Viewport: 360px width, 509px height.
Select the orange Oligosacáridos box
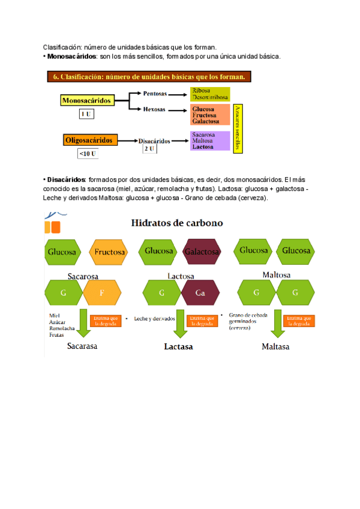click(88, 140)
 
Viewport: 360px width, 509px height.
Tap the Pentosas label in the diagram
click(155, 93)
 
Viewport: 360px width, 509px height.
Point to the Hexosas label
click(155, 110)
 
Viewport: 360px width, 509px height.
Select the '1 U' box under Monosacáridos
click(86, 113)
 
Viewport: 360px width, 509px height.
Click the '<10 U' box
click(88, 154)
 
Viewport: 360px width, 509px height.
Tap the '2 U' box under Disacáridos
click(149, 148)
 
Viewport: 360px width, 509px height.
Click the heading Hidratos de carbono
click(177, 223)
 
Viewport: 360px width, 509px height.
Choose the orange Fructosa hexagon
click(110, 252)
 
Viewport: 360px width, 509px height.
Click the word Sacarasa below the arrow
click(82, 346)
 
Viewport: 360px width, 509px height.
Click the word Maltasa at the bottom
click(275, 347)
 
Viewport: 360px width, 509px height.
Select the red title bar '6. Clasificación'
click(149, 77)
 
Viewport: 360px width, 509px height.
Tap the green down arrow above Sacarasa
click(82, 325)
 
